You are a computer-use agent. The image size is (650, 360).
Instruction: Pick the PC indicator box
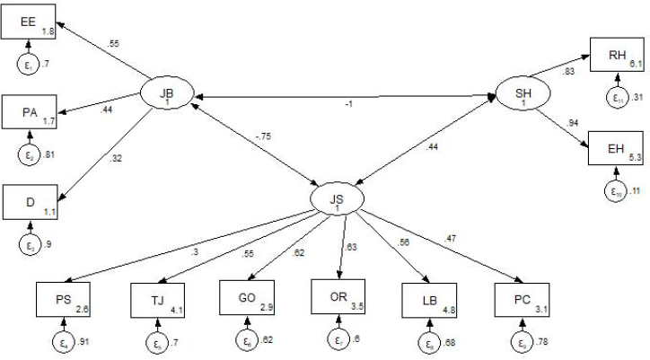[521, 299]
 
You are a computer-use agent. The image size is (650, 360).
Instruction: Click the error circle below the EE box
[28, 64]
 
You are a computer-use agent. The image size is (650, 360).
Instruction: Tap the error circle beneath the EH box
[616, 189]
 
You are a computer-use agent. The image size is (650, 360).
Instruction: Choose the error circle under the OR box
[338, 340]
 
